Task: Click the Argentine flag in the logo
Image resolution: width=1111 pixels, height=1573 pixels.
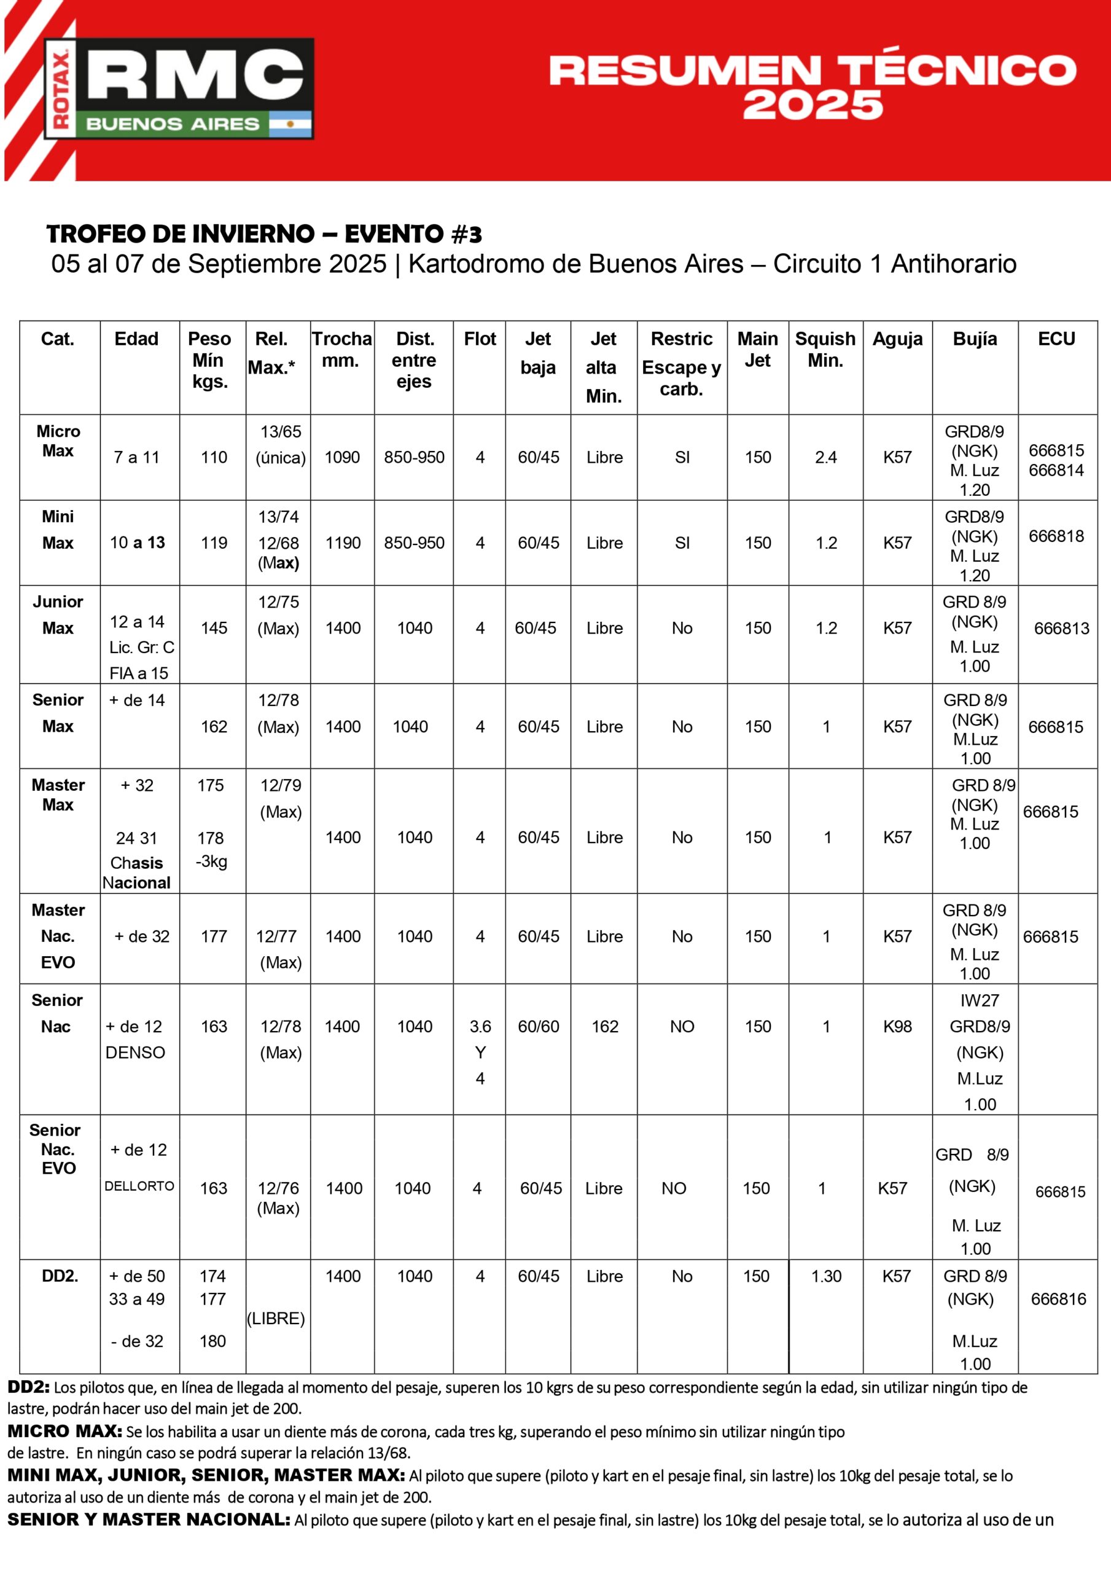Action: point(290,124)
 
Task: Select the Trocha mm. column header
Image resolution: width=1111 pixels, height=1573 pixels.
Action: point(342,350)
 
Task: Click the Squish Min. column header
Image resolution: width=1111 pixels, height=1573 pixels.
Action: point(825,350)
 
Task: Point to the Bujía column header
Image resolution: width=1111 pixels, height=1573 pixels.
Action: point(975,339)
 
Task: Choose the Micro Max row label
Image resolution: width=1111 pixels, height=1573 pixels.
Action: point(58,441)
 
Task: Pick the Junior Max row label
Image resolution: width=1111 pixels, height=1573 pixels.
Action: point(58,614)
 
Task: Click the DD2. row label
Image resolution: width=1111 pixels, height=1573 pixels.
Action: point(60,1276)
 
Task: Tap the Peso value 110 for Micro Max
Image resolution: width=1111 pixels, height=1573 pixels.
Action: point(214,457)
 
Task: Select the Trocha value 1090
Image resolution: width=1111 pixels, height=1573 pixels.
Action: point(342,457)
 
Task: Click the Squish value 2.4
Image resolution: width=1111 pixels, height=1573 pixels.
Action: point(825,457)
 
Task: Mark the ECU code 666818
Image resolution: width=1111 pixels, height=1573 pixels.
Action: point(1056,536)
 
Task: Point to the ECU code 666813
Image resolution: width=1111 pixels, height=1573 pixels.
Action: point(1061,628)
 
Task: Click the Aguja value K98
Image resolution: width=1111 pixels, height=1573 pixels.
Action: point(897,1026)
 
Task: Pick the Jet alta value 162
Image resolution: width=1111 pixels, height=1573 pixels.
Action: point(605,1026)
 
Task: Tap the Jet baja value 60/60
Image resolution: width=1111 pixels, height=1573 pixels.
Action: point(539,1026)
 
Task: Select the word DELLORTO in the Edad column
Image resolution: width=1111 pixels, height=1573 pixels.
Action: point(139,1186)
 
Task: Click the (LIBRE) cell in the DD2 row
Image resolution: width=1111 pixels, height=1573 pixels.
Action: point(276,1318)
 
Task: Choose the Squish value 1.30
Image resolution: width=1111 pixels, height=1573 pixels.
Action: point(826,1276)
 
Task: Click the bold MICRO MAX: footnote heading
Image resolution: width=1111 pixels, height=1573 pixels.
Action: point(65,1431)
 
